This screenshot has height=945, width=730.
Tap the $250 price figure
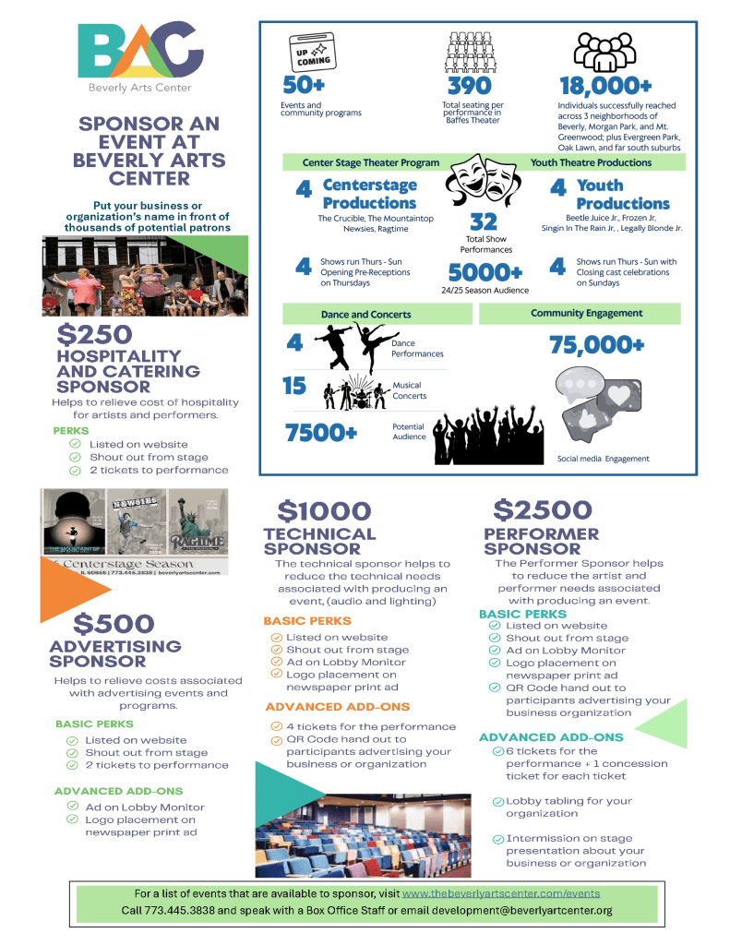(x=94, y=334)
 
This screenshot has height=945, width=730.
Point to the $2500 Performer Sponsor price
(x=543, y=509)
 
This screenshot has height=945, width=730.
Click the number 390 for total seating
(x=470, y=87)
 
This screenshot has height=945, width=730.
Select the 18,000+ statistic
(x=605, y=87)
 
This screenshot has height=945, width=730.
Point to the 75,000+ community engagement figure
(x=596, y=345)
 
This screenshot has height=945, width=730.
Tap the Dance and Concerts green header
(x=366, y=315)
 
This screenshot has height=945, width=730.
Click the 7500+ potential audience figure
(x=321, y=432)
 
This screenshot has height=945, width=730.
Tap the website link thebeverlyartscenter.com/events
(x=501, y=893)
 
